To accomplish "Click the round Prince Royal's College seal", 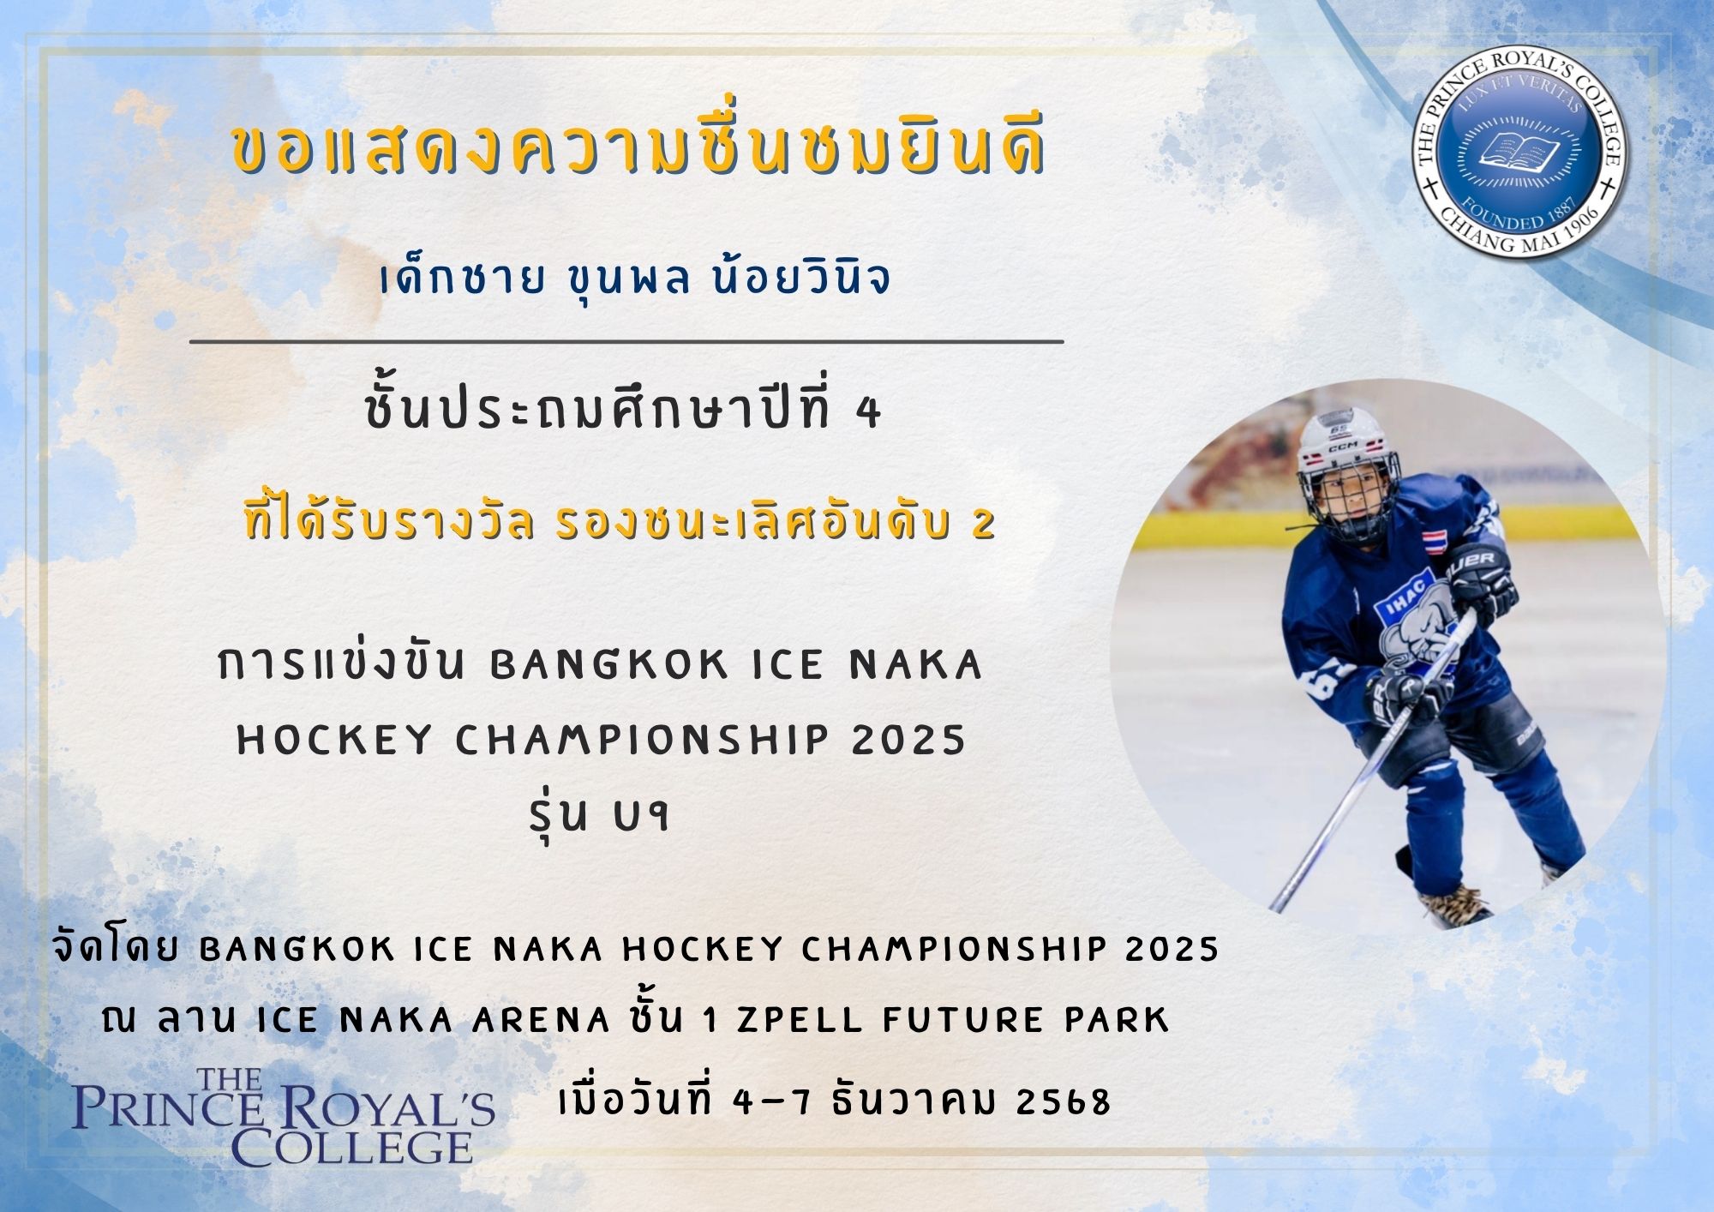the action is tap(1519, 153).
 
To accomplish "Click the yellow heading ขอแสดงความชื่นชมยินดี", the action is tap(639, 151).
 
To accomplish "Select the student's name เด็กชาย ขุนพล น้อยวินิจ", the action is tap(635, 279).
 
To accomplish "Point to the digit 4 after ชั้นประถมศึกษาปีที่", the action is tap(868, 413).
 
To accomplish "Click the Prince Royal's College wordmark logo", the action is tap(284, 1117).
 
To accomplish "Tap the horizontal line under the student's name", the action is tap(626, 341).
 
